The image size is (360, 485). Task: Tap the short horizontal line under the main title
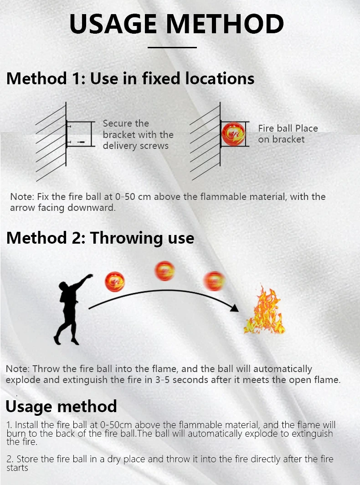172,47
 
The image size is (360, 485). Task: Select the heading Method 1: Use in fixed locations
130,78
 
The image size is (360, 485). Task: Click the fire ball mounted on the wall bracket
233,134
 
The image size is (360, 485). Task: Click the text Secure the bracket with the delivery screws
138,135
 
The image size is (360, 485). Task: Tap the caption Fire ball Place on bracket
288,134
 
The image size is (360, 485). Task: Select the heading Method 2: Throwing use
100,238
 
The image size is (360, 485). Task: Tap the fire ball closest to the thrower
114,281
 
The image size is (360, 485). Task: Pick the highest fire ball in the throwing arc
165,271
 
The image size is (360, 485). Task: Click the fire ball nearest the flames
214,281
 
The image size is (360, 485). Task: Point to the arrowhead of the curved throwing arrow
234,308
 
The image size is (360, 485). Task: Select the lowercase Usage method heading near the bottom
61,406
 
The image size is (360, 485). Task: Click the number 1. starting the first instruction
10,425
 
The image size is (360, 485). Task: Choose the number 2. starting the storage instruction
10,459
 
